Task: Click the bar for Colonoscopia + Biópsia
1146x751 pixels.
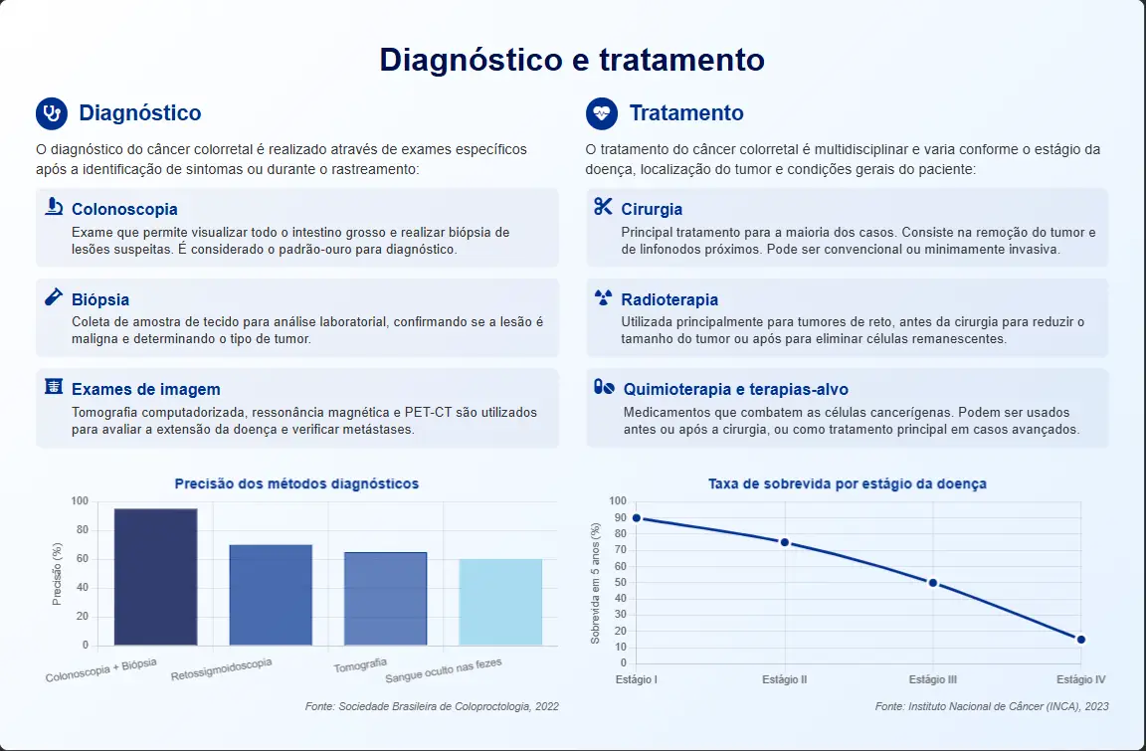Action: (155, 577)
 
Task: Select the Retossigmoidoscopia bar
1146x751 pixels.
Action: (271, 595)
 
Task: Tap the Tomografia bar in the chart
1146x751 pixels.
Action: (385, 599)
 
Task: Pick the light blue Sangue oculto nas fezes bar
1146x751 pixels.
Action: (500, 602)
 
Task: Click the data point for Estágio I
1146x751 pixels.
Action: (636, 518)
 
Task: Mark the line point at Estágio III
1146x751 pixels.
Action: (932, 583)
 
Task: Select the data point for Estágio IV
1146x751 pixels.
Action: (1081, 640)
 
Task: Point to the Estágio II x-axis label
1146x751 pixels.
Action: (784, 679)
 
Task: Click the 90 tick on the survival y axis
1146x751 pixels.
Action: (621, 517)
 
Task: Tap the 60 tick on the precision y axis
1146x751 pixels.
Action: (82, 559)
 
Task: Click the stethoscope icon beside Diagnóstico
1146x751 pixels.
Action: (52, 113)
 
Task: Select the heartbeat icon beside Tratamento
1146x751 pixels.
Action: (602, 113)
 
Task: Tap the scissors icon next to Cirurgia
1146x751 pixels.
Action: (603, 207)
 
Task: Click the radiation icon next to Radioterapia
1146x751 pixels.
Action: (603, 297)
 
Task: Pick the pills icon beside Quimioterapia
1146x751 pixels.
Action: (604, 387)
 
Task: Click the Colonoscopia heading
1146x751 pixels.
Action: (124, 209)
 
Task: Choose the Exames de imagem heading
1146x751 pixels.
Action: (145, 389)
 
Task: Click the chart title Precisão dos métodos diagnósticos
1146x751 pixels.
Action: (296, 483)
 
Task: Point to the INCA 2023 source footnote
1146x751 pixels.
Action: (992, 706)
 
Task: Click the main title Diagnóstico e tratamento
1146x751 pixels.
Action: (572, 59)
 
